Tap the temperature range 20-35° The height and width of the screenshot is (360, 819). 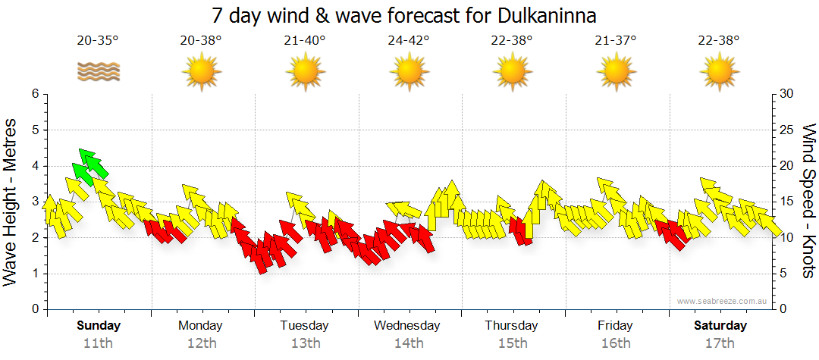pyautogui.click(x=98, y=41)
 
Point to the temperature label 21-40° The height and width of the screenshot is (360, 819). pyautogui.click(x=305, y=41)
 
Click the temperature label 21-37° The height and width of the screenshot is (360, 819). pyautogui.click(x=616, y=41)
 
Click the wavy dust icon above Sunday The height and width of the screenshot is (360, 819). pyautogui.click(x=98, y=72)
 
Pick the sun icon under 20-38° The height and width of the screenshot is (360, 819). pyautogui.click(x=201, y=72)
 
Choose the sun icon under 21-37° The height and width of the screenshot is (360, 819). pyautogui.click(x=616, y=72)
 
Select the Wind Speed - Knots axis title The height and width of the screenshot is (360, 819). pyautogui.click(x=807, y=201)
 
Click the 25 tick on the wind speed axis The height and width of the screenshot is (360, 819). pyautogui.click(x=786, y=130)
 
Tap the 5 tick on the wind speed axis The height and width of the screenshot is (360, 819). pyautogui.click(x=784, y=274)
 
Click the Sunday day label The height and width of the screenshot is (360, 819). pyautogui.click(x=99, y=326)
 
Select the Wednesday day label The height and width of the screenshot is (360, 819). pyautogui.click(x=407, y=326)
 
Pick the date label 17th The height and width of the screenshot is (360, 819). pyautogui.click(x=720, y=343)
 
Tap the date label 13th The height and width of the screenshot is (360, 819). pyautogui.click(x=305, y=343)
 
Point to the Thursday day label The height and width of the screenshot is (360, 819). pyautogui.click(x=511, y=326)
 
